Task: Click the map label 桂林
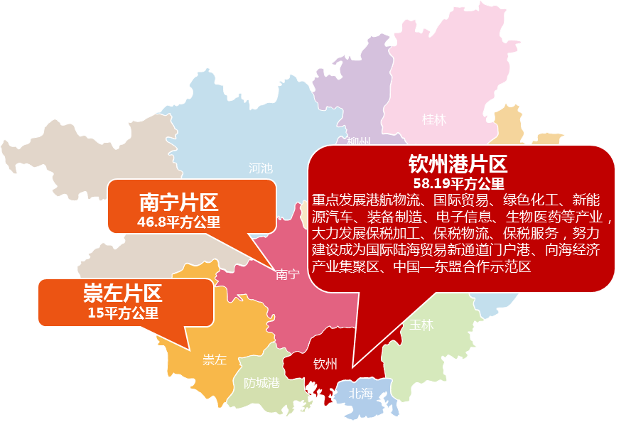(x=434, y=119)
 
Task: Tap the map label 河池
(x=260, y=168)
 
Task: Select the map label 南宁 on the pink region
(x=287, y=274)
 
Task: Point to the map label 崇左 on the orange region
(x=214, y=359)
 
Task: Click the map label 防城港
(x=261, y=383)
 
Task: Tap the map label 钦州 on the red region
(x=325, y=364)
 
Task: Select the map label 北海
(x=360, y=393)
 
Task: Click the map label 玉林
(x=421, y=325)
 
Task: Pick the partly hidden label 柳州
(x=358, y=141)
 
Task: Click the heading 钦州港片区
(x=458, y=166)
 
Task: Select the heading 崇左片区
(x=122, y=293)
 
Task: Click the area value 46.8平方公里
(x=178, y=222)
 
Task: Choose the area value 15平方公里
(x=122, y=312)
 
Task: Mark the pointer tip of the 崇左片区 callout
(x=190, y=350)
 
